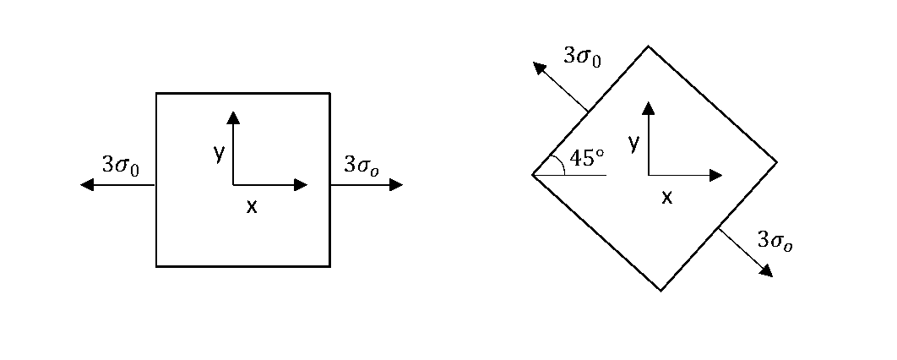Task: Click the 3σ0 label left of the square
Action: [120, 165]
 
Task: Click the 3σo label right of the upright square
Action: [362, 165]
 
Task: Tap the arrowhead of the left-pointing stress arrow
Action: [85, 185]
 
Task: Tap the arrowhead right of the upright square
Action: [397, 185]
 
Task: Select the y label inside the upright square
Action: [219, 152]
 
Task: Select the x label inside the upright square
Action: [251, 205]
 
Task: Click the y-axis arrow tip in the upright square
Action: [233, 116]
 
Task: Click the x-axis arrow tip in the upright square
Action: [302, 185]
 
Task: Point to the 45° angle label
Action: [588, 158]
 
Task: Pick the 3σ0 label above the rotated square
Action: [582, 57]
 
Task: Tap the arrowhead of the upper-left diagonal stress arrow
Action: [538, 67]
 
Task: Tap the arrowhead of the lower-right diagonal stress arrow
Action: [767, 271]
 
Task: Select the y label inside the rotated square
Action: [633, 144]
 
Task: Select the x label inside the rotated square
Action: [666, 197]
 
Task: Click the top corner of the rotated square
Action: [648, 46]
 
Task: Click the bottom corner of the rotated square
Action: [661, 291]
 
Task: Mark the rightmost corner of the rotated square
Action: [776, 161]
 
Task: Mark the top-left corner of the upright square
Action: [156, 93]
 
